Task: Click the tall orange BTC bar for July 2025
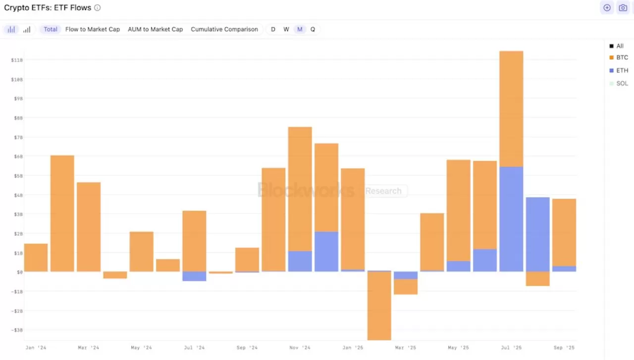click(x=511, y=109)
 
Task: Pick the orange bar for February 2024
click(x=62, y=213)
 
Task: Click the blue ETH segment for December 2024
click(x=326, y=252)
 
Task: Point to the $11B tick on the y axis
click(x=17, y=60)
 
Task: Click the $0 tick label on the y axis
click(x=20, y=272)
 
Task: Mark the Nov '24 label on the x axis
click(x=300, y=348)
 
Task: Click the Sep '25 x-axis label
click(x=564, y=348)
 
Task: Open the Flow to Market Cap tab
click(x=93, y=29)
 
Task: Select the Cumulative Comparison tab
click(x=224, y=29)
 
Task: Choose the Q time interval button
click(x=313, y=29)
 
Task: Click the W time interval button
click(x=286, y=29)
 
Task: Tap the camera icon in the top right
click(x=623, y=8)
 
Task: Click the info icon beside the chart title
click(x=98, y=8)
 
